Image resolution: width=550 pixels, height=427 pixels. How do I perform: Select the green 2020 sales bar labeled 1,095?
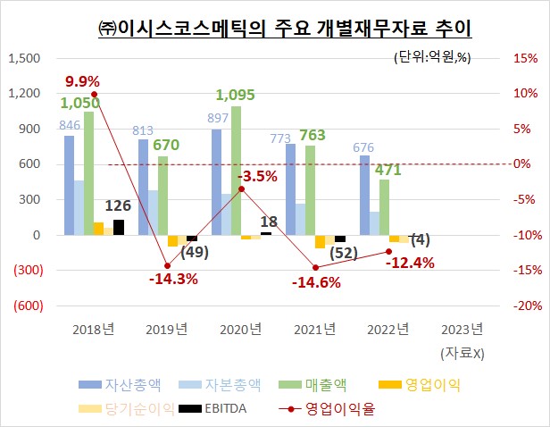(236, 171)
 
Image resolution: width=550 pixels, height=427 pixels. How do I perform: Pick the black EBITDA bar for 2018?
(119, 227)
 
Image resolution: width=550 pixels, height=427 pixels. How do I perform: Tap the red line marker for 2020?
(241, 188)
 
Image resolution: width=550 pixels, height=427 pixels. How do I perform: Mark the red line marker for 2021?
(315, 267)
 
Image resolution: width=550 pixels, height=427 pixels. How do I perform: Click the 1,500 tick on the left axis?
(24, 58)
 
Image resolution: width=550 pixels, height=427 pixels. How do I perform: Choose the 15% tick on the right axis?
(524, 58)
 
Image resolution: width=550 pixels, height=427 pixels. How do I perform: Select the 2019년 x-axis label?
(166, 329)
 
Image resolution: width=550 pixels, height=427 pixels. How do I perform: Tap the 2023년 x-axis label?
(462, 329)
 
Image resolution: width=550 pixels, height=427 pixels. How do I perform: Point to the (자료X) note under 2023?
(462, 352)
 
